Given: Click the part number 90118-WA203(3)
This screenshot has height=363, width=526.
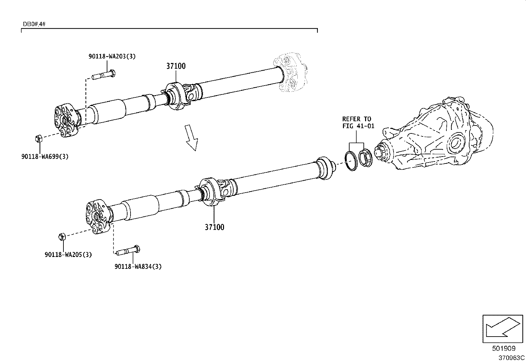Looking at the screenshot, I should (112, 56).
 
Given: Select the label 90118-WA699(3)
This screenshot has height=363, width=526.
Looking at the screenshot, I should (45, 157).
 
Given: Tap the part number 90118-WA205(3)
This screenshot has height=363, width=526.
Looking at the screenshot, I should (68, 254).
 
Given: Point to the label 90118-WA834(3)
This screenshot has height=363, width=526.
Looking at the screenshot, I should (138, 266).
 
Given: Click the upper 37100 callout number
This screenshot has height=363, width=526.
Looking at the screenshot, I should (176, 66).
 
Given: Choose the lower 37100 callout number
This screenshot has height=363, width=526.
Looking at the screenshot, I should (214, 227).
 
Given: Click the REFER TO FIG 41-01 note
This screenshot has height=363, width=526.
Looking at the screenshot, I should (358, 122).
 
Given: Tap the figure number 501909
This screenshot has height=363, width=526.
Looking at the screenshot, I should (503, 348).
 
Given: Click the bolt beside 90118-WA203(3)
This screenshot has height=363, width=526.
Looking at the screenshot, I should (103, 75).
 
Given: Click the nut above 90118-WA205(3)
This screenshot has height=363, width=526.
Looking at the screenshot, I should (61, 236).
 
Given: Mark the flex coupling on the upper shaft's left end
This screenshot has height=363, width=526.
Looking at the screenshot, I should (67, 120).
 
